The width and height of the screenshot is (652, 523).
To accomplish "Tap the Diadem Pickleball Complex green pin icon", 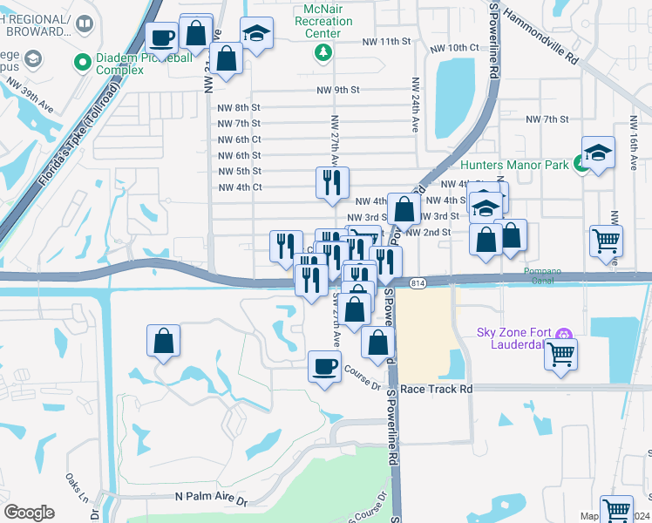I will point(83,62).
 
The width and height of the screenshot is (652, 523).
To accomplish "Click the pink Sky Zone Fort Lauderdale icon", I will point(564,333).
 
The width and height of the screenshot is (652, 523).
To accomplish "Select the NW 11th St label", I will point(388,41).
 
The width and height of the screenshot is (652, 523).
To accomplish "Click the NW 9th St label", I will point(339,89).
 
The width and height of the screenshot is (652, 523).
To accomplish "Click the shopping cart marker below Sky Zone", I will point(561,353).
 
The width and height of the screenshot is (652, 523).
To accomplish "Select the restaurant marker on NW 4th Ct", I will point(332,182).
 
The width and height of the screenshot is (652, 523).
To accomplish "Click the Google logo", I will point(29,513).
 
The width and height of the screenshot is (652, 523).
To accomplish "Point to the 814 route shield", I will point(418,283).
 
